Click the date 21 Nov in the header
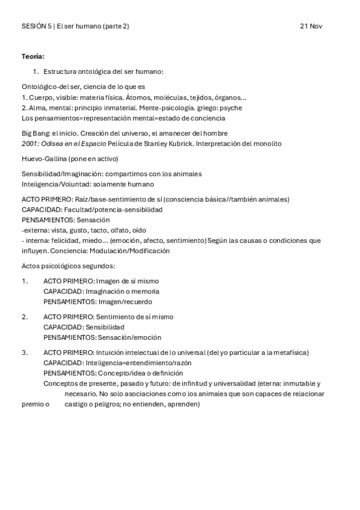(x=311, y=26)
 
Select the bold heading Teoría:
(x=32, y=57)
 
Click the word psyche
(x=231, y=108)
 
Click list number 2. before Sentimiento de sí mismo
(x=25, y=316)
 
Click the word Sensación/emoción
(x=130, y=337)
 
